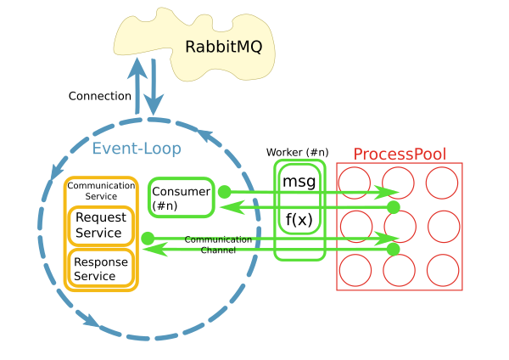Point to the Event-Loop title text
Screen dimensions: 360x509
click(137, 149)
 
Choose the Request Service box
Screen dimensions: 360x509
click(101, 226)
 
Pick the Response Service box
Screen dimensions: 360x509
click(101, 268)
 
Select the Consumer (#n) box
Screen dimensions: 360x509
click(180, 198)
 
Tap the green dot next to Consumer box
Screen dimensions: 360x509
click(225, 192)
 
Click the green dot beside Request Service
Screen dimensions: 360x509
click(148, 238)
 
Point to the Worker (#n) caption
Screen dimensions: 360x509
click(297, 152)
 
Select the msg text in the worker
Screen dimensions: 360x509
click(299, 182)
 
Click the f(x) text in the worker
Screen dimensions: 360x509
click(299, 220)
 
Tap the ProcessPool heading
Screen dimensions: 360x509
click(400, 154)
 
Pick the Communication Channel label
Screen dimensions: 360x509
click(209, 245)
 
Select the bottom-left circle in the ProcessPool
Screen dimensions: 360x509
click(355, 270)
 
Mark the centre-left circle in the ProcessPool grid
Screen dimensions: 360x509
click(355, 228)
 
